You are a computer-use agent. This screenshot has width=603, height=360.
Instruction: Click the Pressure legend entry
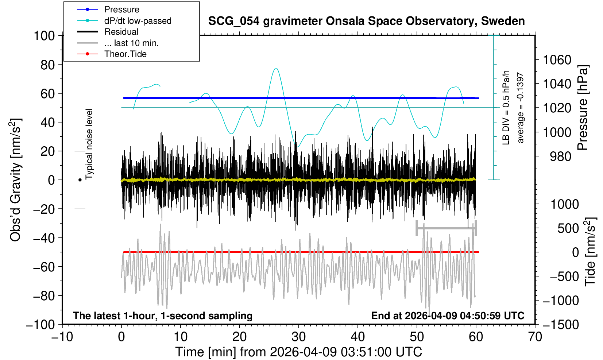pos(121,9)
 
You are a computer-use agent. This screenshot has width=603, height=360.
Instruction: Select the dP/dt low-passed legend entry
pos(138,21)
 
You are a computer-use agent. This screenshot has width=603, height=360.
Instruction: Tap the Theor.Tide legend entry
pos(125,54)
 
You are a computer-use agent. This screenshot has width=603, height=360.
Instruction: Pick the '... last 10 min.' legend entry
pos(131,43)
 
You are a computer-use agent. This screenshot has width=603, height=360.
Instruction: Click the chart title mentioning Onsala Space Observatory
pos(366,21)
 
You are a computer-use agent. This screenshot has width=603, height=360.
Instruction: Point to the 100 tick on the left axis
pos(44,36)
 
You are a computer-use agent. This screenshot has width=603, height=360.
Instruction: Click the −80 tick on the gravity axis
pos(44,296)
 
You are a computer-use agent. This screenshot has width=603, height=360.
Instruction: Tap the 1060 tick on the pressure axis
pos(557,59)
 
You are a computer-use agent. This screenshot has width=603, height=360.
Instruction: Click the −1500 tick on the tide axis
pos(561,324)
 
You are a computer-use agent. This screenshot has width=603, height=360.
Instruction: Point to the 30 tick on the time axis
pos(299,336)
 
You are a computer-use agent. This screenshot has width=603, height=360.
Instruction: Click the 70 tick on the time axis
pos(535,336)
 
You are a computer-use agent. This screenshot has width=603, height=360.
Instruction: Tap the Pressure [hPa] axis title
pos(583,108)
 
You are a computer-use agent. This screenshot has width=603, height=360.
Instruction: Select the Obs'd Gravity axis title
pos(16,180)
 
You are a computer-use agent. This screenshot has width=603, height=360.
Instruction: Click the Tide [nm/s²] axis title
pos(590,252)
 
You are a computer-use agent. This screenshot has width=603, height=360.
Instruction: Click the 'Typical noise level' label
pos(89,144)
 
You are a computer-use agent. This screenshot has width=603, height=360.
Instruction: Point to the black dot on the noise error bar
pos(80,180)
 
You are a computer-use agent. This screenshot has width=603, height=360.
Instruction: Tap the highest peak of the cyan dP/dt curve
pos(276,68)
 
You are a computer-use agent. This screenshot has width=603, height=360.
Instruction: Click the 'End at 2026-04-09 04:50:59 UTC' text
pos(448,316)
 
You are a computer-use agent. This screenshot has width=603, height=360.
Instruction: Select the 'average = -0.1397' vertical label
pos(521,108)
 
